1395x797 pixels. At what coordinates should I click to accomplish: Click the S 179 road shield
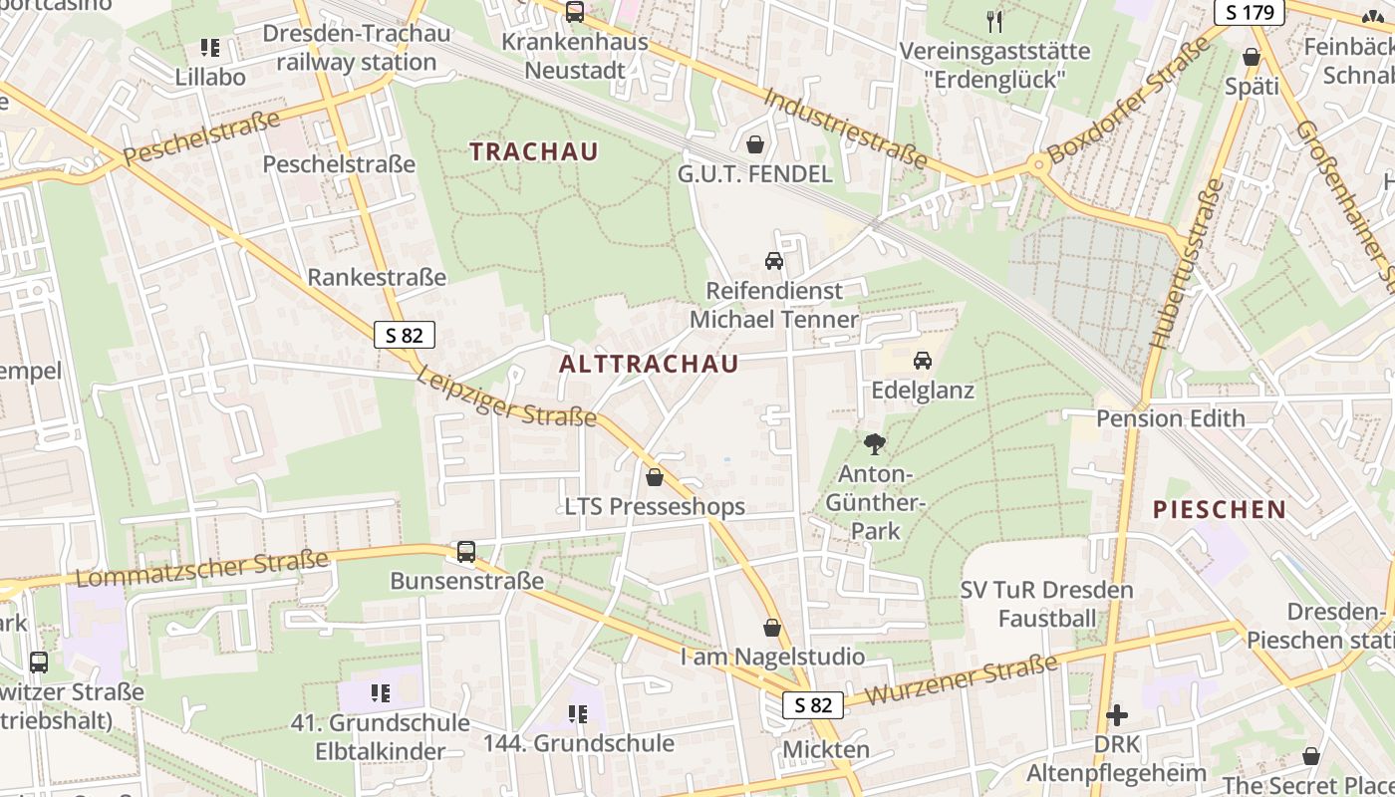[1250, 13]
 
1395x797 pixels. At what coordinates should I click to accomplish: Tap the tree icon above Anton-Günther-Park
[875, 444]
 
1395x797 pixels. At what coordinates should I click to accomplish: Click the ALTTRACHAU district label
[649, 364]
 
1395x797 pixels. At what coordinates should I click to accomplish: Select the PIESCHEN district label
[1220, 510]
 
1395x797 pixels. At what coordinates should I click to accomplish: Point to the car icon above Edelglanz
[923, 360]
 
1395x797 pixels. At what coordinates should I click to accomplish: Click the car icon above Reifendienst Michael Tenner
[774, 261]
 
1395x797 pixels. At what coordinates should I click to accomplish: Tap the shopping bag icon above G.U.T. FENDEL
[755, 145]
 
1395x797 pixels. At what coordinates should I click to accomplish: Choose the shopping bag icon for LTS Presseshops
[655, 478]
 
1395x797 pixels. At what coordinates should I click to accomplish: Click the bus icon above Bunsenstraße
[465, 551]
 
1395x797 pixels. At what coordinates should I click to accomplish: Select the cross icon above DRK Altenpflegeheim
[1117, 715]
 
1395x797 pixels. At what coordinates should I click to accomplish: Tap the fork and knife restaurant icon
[993, 21]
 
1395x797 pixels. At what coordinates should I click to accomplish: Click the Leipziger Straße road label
[507, 398]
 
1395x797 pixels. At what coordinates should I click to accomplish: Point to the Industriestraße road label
[847, 129]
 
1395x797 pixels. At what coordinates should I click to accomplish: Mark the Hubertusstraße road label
[1186, 264]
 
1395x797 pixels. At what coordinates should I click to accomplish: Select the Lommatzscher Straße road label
[202, 569]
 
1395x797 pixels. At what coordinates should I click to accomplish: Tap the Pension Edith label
[1171, 418]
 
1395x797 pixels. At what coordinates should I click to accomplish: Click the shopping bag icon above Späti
[1252, 58]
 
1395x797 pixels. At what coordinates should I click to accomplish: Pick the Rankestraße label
[377, 277]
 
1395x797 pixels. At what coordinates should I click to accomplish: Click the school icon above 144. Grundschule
[578, 713]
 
